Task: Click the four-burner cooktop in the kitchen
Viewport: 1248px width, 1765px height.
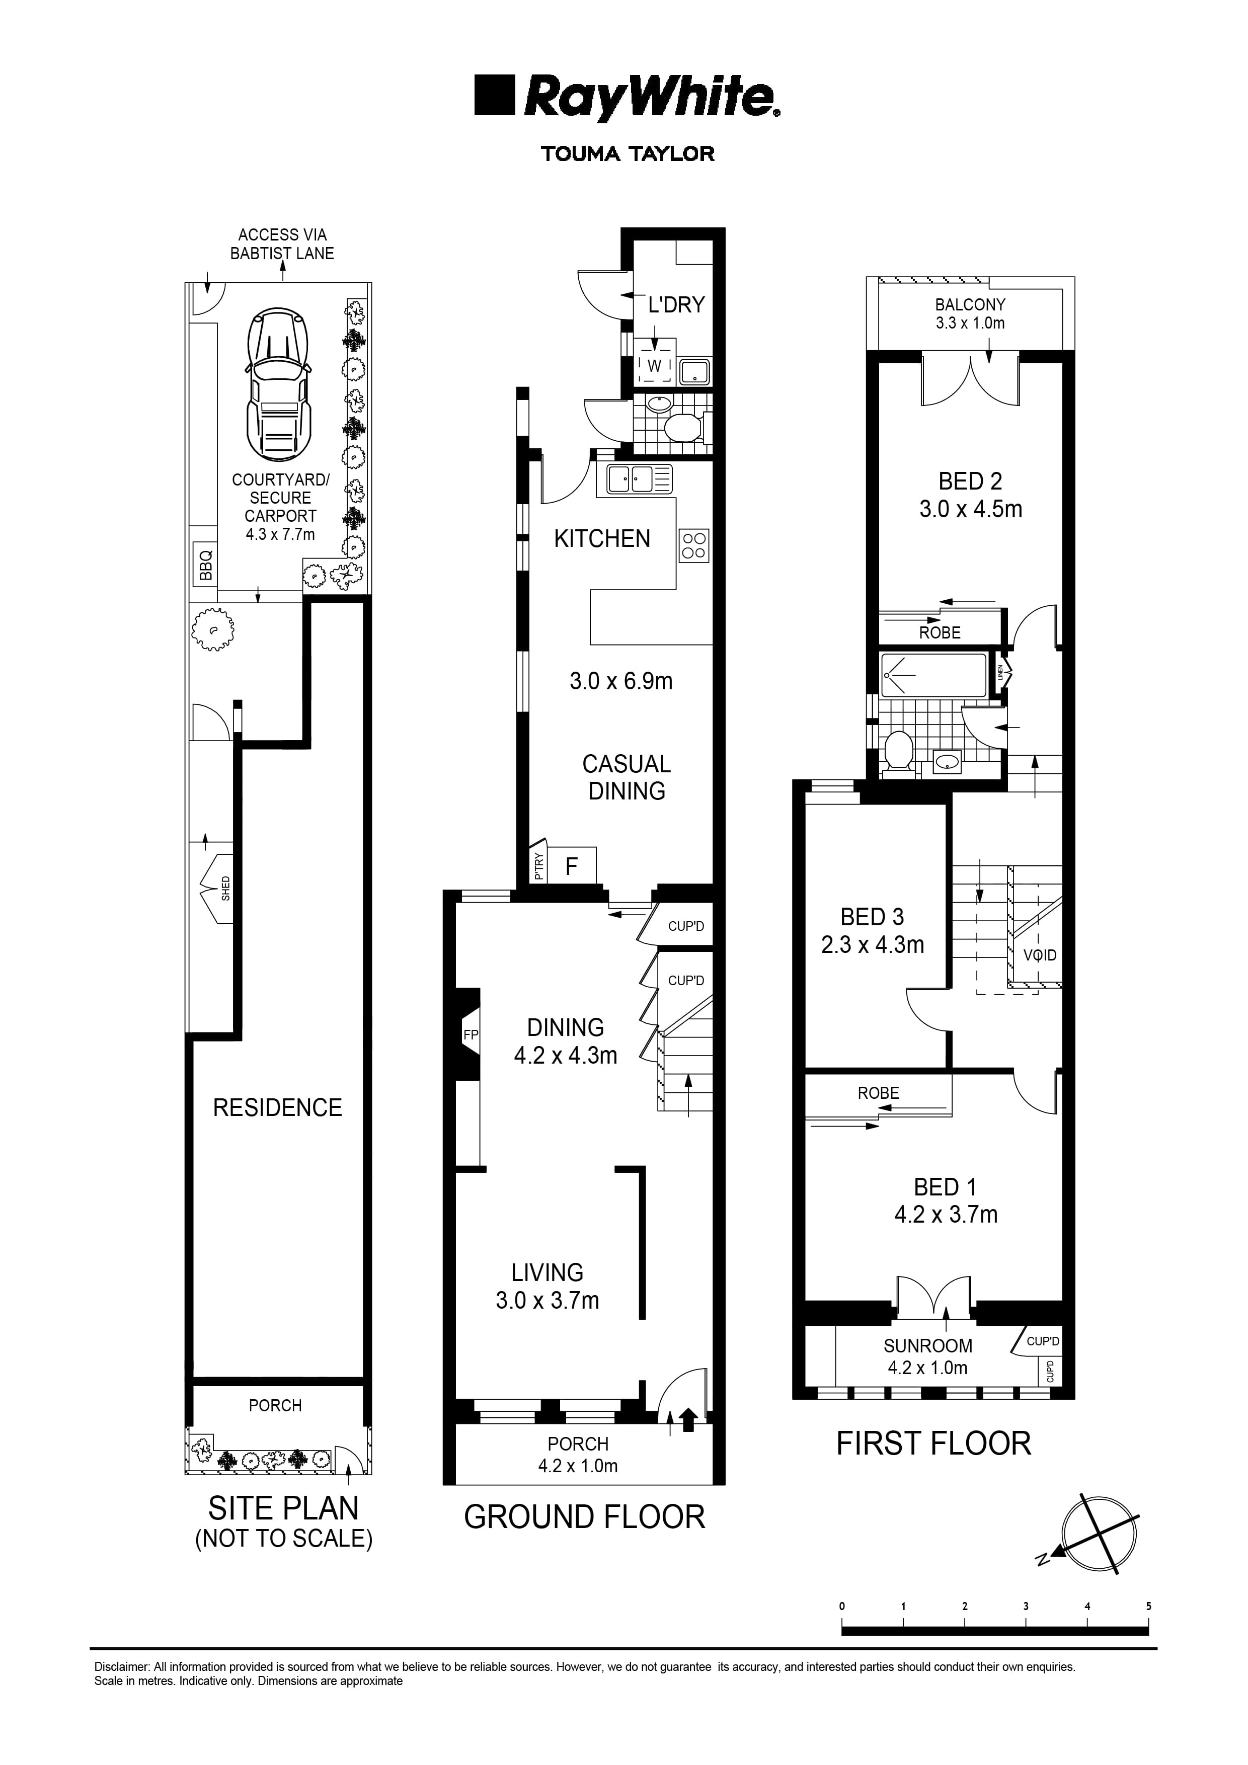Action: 693,545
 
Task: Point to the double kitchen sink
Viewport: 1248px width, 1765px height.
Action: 638,479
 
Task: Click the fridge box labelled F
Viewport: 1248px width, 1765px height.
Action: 571,867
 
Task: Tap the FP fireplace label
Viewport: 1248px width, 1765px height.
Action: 471,1035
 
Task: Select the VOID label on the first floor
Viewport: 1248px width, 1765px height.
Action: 1040,955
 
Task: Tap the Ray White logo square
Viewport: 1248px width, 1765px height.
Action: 494,95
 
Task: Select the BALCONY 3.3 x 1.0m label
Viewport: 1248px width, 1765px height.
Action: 970,313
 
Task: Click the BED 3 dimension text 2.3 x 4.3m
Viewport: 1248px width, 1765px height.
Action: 872,945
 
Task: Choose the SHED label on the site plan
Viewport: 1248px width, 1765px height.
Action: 225,888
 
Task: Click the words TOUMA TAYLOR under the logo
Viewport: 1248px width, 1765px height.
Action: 628,154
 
